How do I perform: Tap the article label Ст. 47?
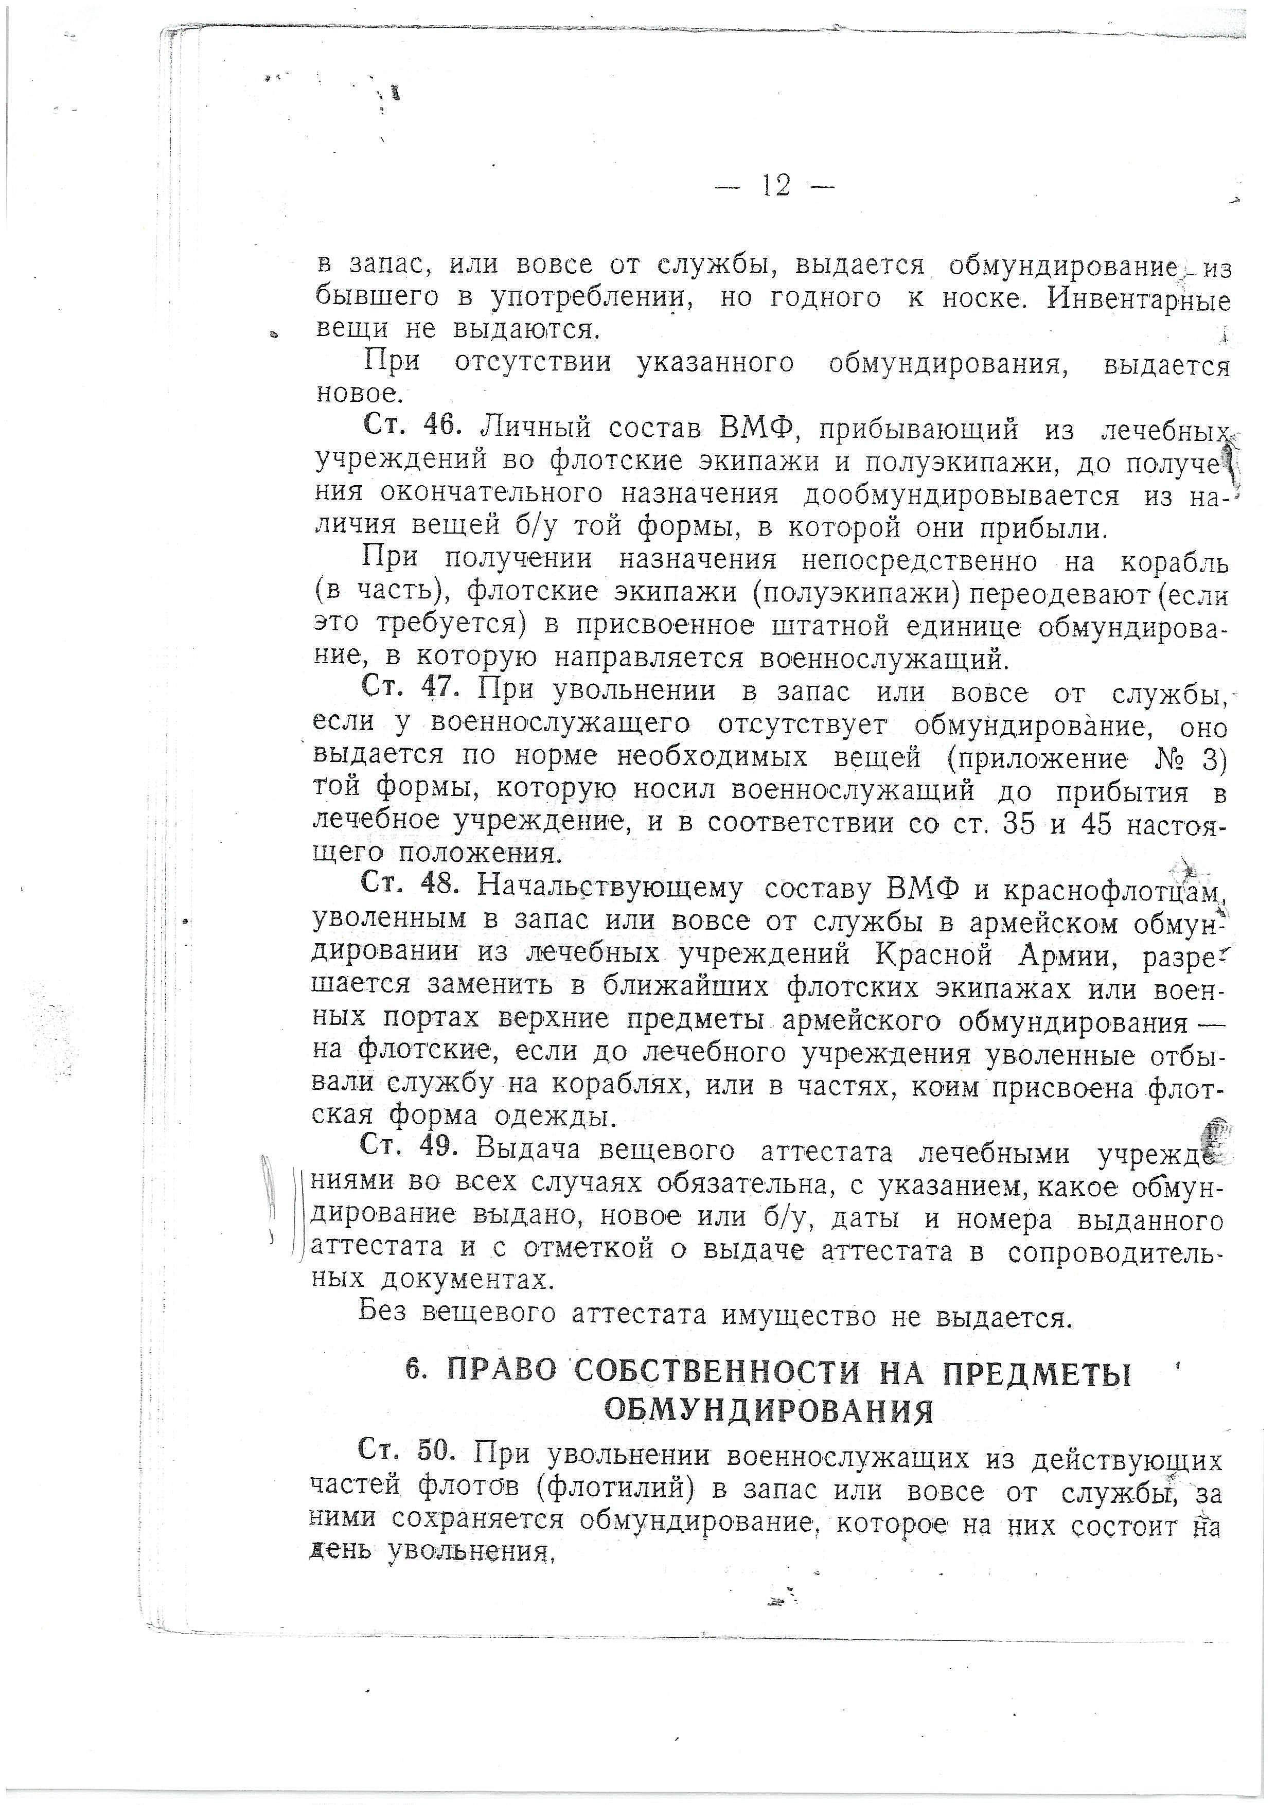pyautogui.click(x=410, y=688)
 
